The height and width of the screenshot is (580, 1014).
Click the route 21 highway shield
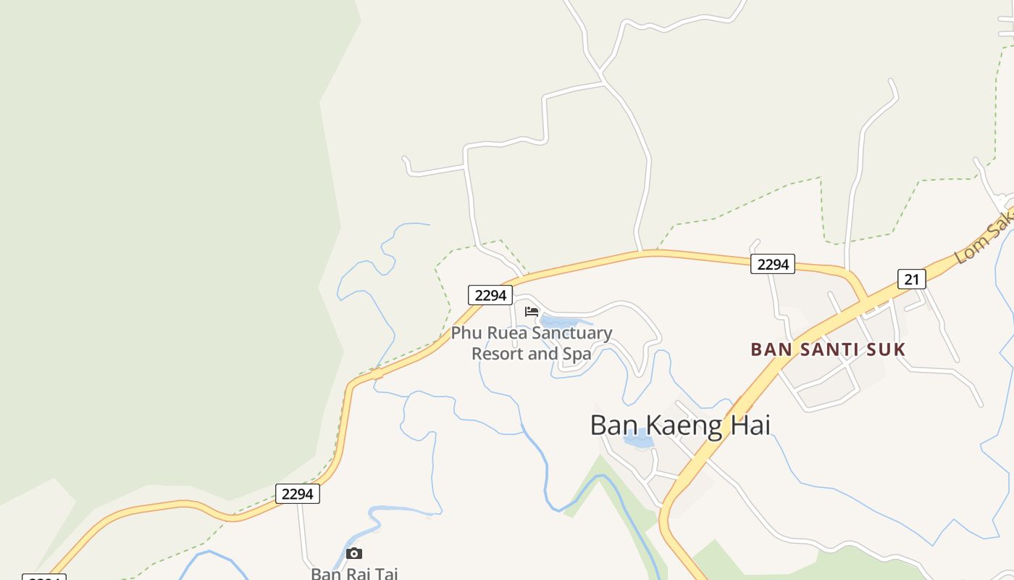click(x=911, y=278)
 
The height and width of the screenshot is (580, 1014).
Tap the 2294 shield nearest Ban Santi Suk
click(x=772, y=264)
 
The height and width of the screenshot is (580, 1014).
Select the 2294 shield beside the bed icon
click(x=490, y=295)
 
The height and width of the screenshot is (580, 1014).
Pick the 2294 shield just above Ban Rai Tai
click(x=297, y=494)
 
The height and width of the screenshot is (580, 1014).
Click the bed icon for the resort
click(x=532, y=312)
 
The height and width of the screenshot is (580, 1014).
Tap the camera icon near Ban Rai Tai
click(x=354, y=554)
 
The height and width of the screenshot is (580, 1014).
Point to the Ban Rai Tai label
click(x=354, y=573)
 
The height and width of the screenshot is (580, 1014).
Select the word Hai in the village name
click(x=750, y=425)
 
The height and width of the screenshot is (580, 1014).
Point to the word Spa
click(x=577, y=354)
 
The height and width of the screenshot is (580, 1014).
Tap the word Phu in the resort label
click(x=465, y=333)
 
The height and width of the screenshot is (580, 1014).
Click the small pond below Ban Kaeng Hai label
click(x=637, y=439)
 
